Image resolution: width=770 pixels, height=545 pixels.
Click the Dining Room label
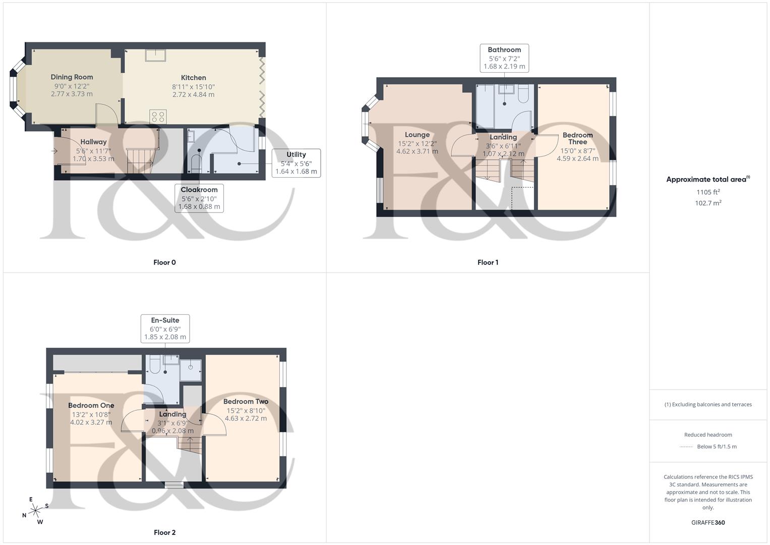point(72,77)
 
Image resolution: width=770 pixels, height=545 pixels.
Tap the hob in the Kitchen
point(158,117)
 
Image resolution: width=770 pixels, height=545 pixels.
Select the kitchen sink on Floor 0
point(155,55)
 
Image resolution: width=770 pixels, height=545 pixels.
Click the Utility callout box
point(296,163)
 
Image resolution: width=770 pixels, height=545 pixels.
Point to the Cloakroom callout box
point(199,198)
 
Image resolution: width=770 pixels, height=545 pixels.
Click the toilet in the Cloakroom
point(196,163)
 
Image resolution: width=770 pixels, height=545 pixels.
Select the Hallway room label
point(93,142)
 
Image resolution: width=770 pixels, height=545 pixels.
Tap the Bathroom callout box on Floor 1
point(504,58)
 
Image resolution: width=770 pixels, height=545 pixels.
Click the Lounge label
point(417,135)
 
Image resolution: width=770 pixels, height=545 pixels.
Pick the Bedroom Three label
point(577,138)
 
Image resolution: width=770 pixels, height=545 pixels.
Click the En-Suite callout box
point(165,329)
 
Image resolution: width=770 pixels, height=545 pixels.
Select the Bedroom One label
point(91,406)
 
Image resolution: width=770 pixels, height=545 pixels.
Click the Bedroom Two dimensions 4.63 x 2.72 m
point(246,418)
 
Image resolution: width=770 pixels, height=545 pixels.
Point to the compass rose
point(35,511)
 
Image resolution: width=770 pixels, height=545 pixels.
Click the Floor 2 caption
point(165,532)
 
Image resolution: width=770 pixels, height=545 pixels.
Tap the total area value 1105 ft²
point(708,192)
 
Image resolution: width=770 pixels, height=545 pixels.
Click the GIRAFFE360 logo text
point(708,523)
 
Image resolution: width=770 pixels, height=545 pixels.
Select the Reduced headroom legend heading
point(708,435)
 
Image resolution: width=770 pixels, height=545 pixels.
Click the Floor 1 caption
point(488,262)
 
